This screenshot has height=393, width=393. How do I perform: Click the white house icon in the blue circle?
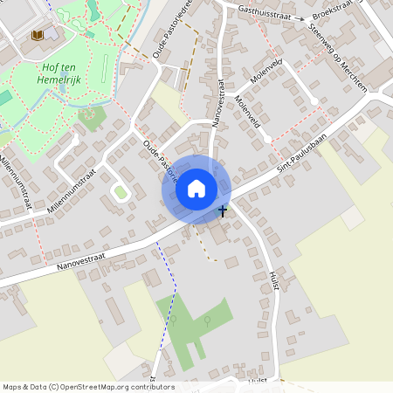196,188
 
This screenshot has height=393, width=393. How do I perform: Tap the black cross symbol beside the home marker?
222,210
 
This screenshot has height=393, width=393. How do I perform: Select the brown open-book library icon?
37,36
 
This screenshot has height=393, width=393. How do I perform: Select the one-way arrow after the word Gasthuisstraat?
299,17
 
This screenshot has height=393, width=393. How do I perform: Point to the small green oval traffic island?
121,191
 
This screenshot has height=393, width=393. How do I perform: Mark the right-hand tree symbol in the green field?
207,321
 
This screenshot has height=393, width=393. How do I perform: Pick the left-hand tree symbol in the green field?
173,319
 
